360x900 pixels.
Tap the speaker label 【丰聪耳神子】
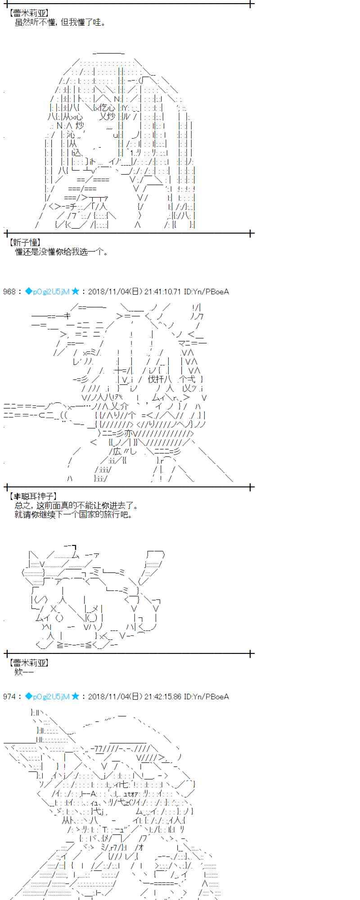pos(32,496)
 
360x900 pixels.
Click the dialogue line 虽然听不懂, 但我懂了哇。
pos(60,22)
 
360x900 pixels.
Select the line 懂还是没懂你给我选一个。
pos(62,252)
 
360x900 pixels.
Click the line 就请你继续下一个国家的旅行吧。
pos(74,514)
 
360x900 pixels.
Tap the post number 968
pos(9,292)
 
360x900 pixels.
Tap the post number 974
pos(9,697)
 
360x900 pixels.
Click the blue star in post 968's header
pos(76,291)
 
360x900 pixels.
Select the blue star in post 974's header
pos(76,696)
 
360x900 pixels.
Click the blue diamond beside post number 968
pos(28,291)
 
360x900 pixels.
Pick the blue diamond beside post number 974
pos(28,696)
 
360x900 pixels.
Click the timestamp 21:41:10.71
pos(162,292)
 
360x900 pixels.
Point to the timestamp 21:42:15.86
pos(162,697)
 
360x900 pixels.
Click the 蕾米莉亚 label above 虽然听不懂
pos(30,13)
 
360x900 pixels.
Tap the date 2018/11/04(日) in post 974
pos(115,697)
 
